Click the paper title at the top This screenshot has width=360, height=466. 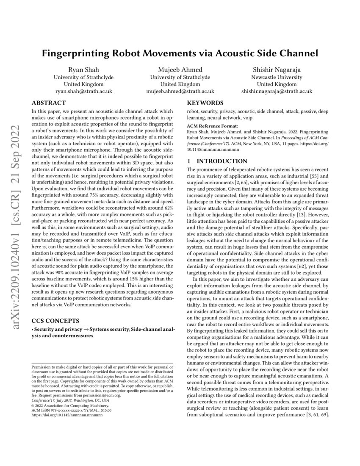tap(180, 54)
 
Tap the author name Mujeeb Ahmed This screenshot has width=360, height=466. tap(180, 70)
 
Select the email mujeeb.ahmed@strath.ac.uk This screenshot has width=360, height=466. tap(180, 91)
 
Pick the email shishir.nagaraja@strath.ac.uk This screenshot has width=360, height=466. tap(277, 91)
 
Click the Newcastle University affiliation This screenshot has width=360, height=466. tap(277, 77)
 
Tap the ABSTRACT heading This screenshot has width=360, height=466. tap(49, 103)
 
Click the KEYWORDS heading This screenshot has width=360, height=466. tap(205, 103)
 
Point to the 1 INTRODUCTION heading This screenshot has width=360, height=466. tap(217, 161)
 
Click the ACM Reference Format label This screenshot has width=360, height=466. tap(212, 126)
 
